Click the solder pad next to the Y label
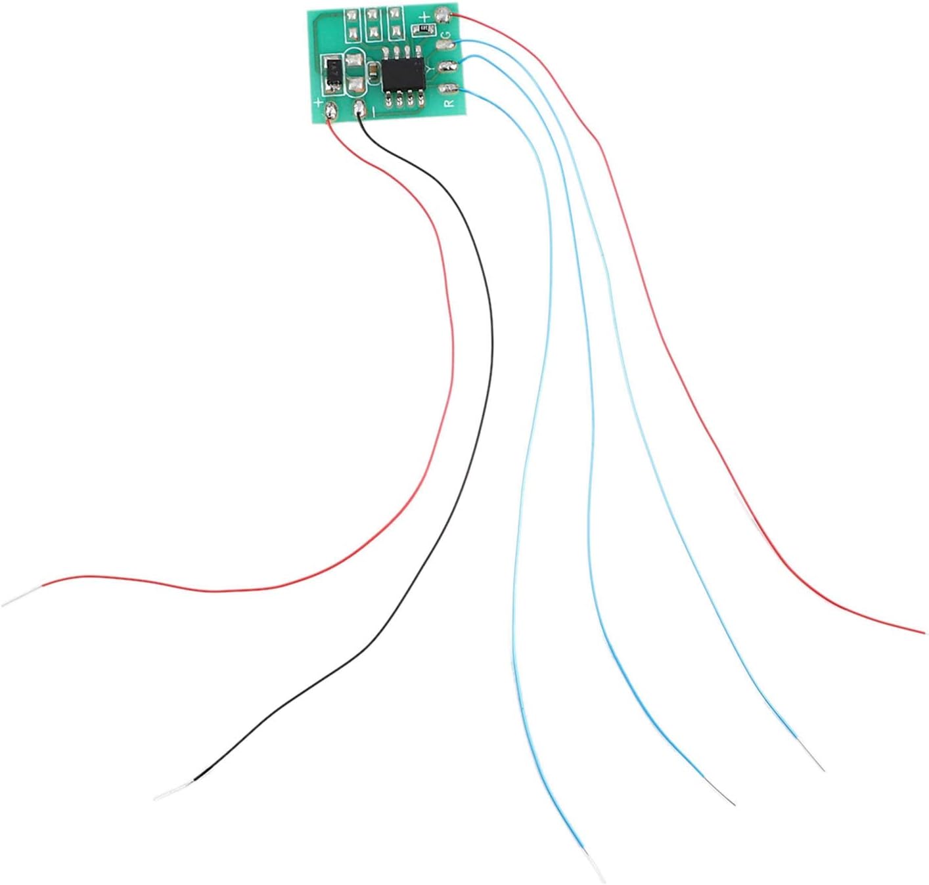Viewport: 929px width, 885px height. pyautogui.click(x=447, y=66)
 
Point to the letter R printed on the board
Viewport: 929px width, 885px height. pyautogui.click(x=449, y=103)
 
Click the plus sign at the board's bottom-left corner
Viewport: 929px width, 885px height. pyautogui.click(x=319, y=103)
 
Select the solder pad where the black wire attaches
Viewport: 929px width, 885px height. pyautogui.click(x=359, y=109)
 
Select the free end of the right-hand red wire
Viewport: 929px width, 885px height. pyautogui.click(x=921, y=632)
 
